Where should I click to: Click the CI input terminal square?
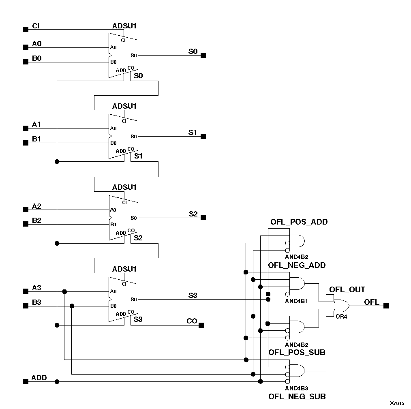[26, 29]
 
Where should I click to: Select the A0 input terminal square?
[26, 47]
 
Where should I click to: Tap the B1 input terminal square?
[26, 143]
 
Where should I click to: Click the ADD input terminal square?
[26, 381]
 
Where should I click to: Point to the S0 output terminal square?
[203, 55]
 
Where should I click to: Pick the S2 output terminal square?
[203, 218]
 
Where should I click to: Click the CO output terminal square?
[201, 325]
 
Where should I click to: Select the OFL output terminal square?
[386, 306]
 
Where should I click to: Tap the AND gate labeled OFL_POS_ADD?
[297, 241]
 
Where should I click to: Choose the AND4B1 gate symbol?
[297, 284]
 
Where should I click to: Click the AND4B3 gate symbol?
[297, 371]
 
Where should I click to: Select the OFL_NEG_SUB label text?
[297, 396]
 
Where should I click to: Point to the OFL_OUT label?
[347, 290]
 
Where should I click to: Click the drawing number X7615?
[397, 403]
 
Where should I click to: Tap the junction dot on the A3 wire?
[64, 291]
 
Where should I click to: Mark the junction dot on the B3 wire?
[72, 306]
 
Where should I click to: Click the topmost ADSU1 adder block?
[123, 55]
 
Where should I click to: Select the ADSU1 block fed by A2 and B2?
[123, 218]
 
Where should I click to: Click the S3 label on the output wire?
[193, 295]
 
